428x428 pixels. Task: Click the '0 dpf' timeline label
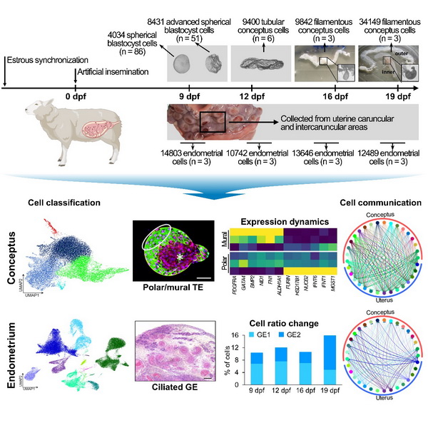click(76, 97)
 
